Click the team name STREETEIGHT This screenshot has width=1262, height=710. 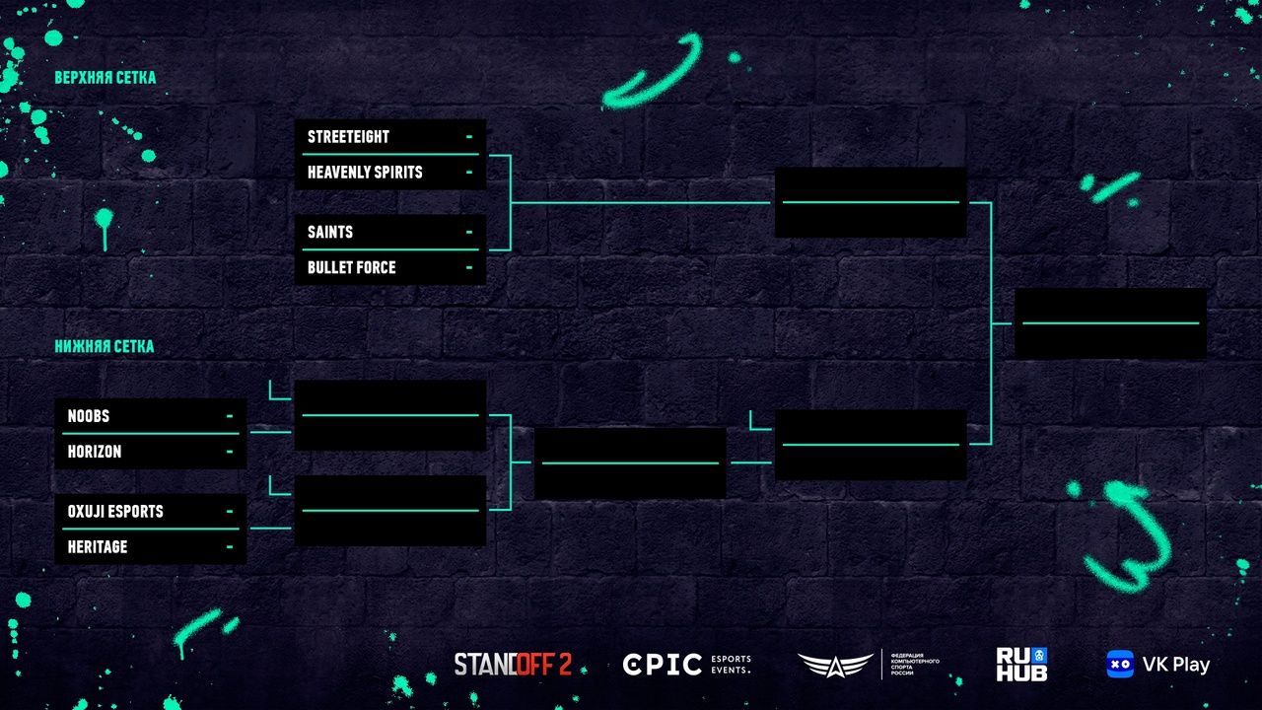(x=348, y=137)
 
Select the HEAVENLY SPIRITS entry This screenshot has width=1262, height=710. (x=365, y=173)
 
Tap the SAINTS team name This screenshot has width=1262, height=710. (x=330, y=233)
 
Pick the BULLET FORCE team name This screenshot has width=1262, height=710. (x=351, y=268)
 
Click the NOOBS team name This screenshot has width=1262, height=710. (x=89, y=416)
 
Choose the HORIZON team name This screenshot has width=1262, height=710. (x=95, y=452)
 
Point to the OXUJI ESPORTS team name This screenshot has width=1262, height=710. (x=115, y=512)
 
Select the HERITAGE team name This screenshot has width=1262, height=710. (x=98, y=547)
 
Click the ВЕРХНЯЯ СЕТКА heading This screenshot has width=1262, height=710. (x=105, y=78)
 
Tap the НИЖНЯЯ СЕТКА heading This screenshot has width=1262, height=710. (x=105, y=347)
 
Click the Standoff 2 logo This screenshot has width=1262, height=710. (x=513, y=665)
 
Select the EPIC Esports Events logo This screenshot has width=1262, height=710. (x=687, y=665)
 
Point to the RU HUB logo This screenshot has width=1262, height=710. (x=1021, y=665)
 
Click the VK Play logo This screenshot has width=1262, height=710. (x=1157, y=665)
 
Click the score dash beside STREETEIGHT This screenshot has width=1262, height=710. (x=469, y=137)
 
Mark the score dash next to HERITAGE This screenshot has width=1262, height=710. (x=230, y=547)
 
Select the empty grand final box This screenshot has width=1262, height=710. (x=1110, y=323)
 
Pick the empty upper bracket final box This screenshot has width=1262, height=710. (x=870, y=202)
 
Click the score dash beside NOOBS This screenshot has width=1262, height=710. (x=230, y=416)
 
